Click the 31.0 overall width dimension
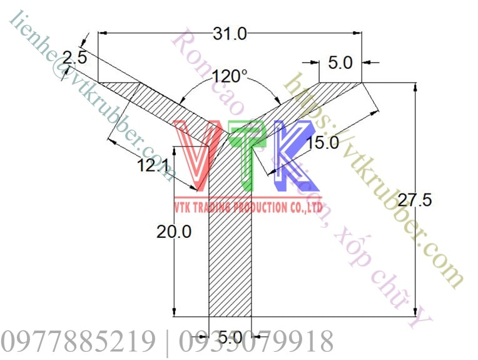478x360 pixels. (230, 33)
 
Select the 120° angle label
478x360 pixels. (230, 77)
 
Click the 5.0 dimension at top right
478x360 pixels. (340, 63)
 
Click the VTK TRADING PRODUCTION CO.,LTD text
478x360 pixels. (248, 207)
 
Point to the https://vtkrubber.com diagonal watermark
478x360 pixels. (375, 182)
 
